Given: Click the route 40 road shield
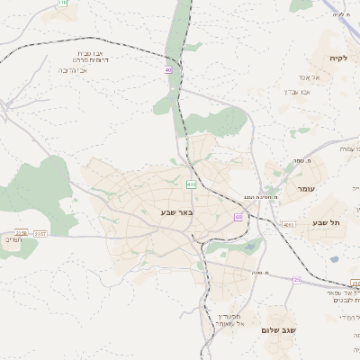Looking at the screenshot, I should click(168, 69).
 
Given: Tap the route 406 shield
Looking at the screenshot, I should click(192, 184).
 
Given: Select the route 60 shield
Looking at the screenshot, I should click(238, 217).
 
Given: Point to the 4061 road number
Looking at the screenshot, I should click(288, 224).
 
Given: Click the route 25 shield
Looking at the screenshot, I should click(296, 280).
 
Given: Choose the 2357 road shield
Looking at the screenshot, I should click(40, 233).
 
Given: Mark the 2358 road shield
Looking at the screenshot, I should click(21, 230).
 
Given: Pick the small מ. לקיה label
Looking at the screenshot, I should click(339, 14).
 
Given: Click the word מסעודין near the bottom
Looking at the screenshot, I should click(228, 316).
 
